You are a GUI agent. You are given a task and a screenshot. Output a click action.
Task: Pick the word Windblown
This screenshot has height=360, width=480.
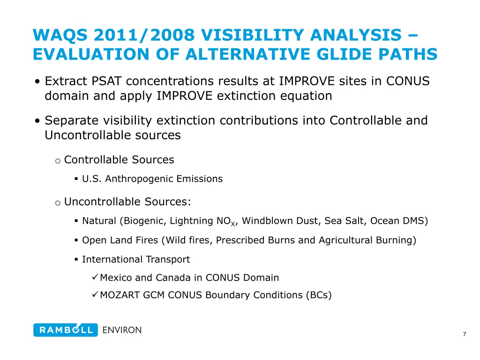265,221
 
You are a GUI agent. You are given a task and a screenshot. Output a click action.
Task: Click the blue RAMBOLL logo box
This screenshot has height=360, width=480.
66,330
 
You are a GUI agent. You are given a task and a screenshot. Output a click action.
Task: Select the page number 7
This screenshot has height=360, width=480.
464,334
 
